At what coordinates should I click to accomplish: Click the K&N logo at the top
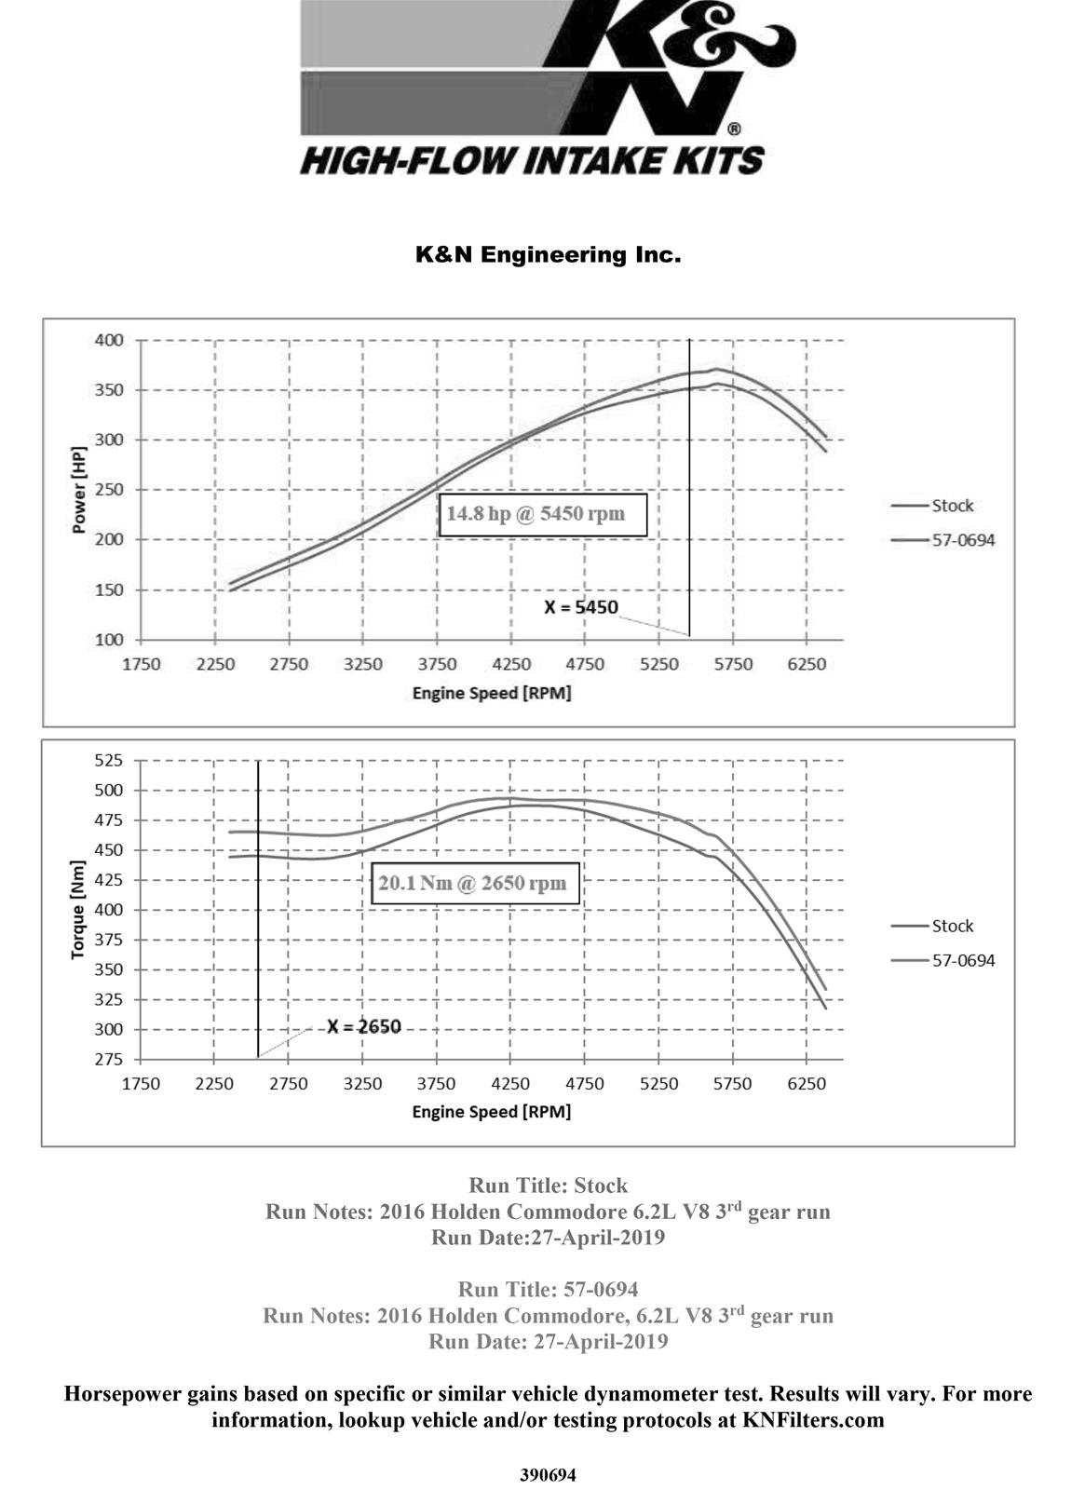tap(548, 70)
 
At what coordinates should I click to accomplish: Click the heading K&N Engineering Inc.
tap(548, 254)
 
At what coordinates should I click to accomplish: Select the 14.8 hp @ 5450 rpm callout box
tap(542, 514)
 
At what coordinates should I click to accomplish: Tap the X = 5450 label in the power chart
tap(581, 607)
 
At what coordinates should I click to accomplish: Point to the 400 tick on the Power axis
tap(109, 340)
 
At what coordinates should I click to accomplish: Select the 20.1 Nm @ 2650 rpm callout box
tap(475, 883)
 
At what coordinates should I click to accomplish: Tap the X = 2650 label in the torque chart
tap(364, 1026)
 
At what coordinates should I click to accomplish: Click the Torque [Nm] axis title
tap(78, 910)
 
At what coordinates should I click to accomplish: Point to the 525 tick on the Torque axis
tap(109, 760)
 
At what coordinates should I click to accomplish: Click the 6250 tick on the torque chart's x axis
tap(807, 1084)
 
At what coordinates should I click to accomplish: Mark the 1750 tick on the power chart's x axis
tap(142, 664)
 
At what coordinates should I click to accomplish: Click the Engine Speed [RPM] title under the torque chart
tap(491, 1112)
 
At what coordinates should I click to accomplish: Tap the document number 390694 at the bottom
tap(548, 1475)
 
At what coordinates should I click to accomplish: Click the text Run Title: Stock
tap(548, 1185)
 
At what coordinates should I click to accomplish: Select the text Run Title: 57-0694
tap(548, 1290)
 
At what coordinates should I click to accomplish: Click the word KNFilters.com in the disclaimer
tap(812, 1420)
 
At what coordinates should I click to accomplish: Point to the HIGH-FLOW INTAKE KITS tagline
tap(532, 160)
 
